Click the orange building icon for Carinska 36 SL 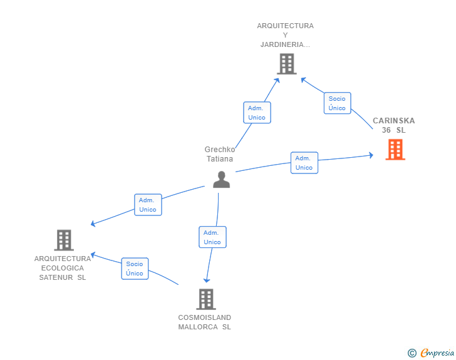(395, 150)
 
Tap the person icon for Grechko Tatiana (221, 180)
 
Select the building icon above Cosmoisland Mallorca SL (206, 299)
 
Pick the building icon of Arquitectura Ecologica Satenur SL (64, 240)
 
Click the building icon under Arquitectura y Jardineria (287, 64)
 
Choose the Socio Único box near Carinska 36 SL (338, 103)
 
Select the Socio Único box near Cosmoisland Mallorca (135, 269)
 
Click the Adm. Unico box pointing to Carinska (304, 163)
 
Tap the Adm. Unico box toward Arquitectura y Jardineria (257, 113)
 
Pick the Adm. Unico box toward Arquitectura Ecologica (148, 205)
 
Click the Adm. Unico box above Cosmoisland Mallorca (212, 237)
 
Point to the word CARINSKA (394, 121)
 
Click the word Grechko (220, 150)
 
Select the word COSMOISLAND (205, 317)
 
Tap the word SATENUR (56, 277)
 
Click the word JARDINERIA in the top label (282, 44)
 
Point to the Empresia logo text (437, 353)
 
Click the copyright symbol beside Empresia (412, 353)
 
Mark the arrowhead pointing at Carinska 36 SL (371, 155)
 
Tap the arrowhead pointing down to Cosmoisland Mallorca (207, 280)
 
